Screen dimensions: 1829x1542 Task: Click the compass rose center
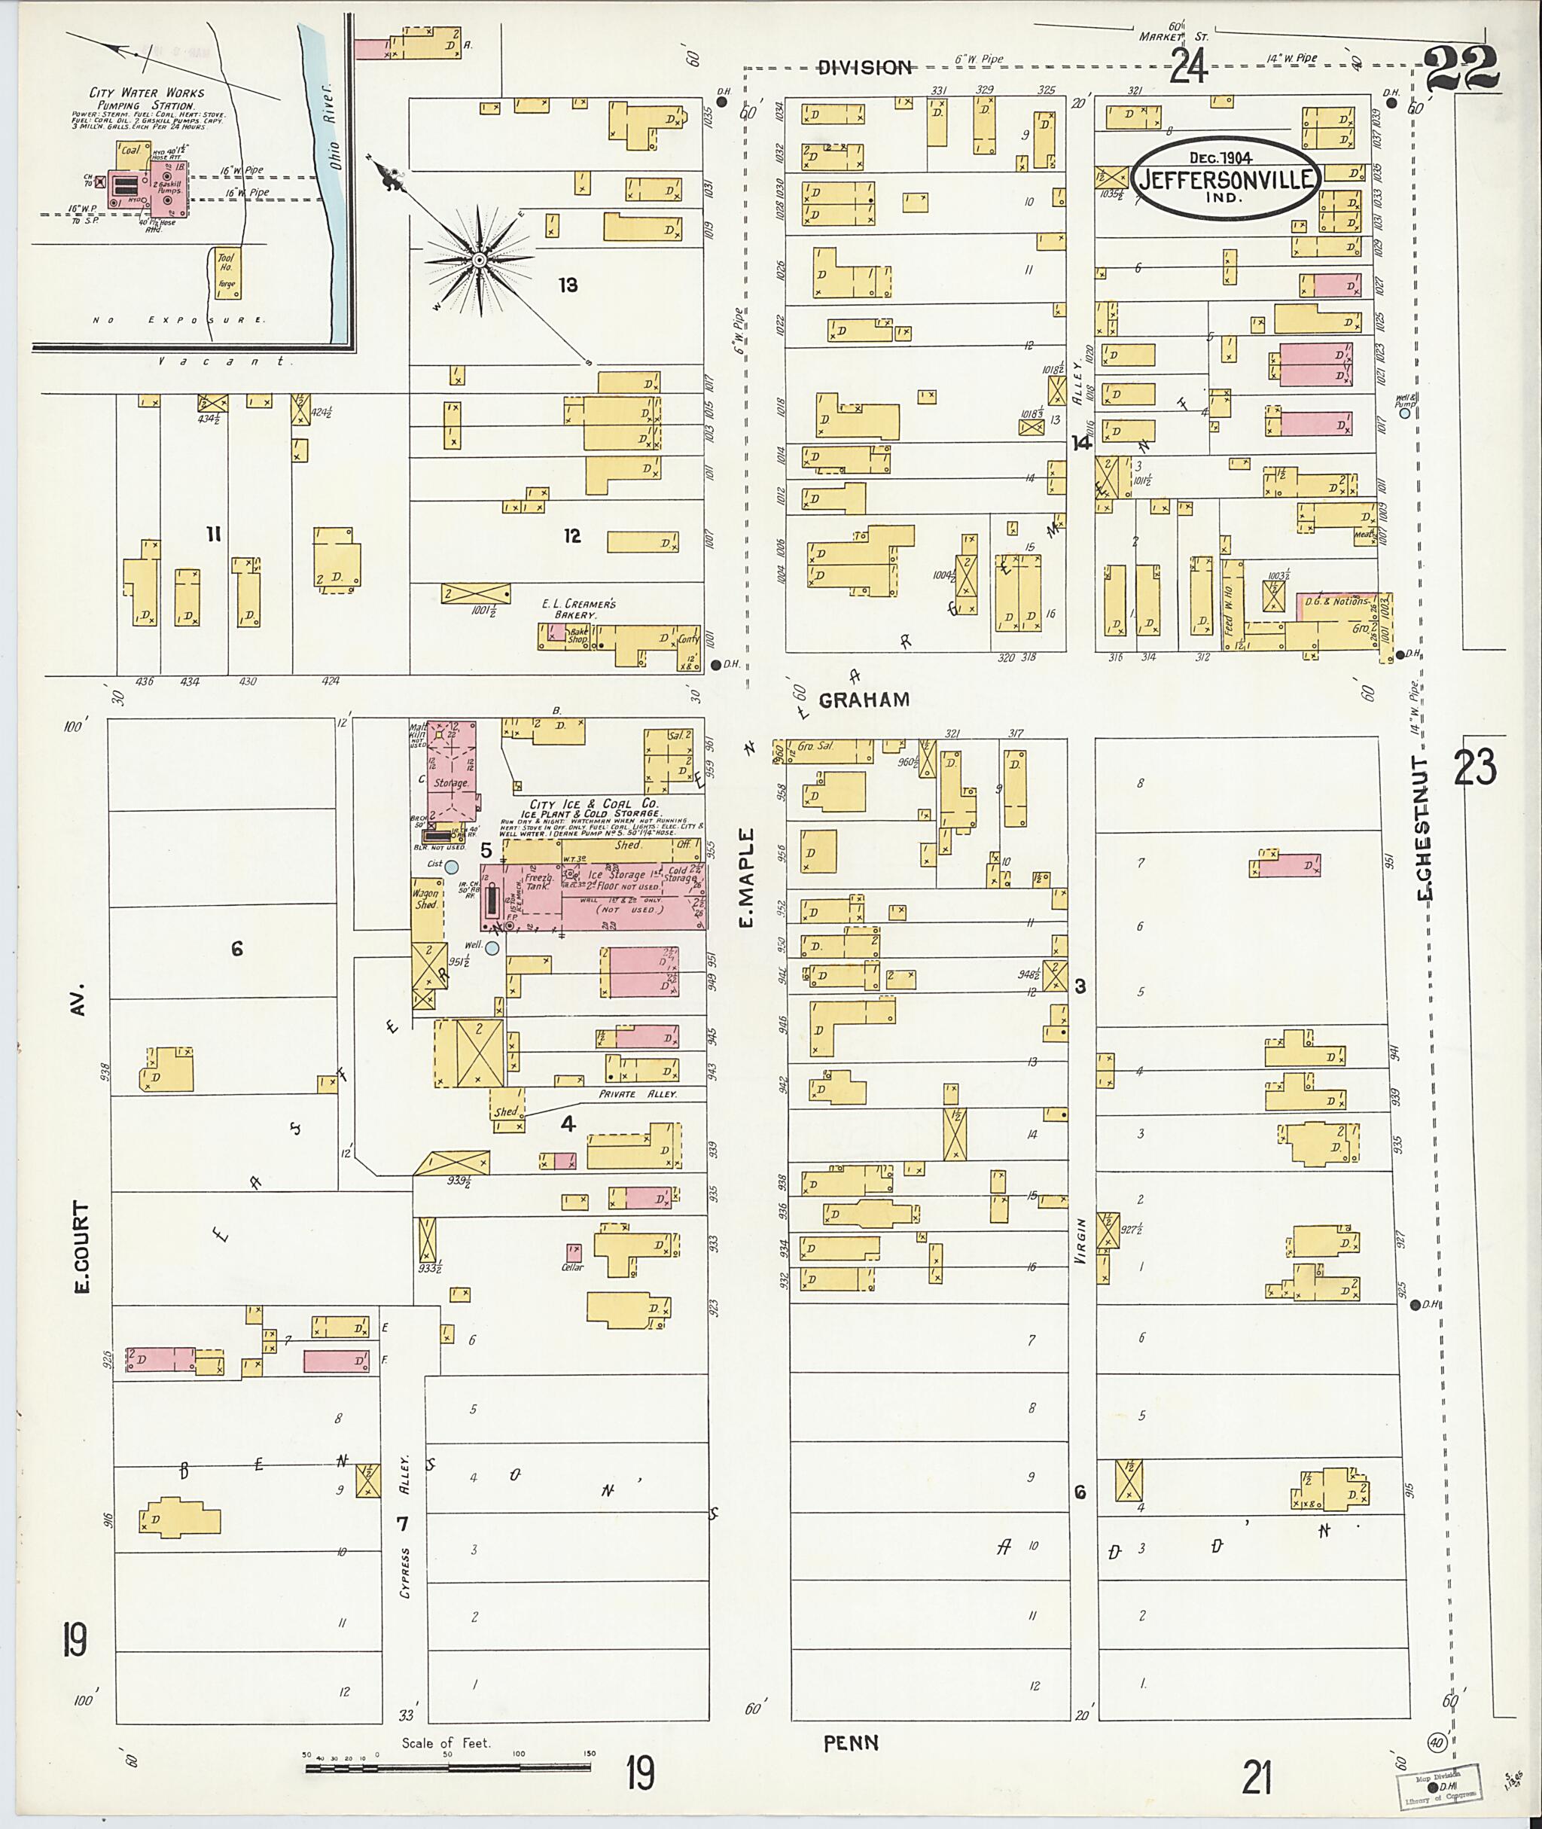pyautogui.click(x=479, y=261)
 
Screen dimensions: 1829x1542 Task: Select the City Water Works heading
pyautogui.click(x=147, y=93)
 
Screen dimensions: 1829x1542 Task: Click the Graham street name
pyautogui.click(x=864, y=700)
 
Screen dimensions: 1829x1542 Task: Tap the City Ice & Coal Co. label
pyautogui.click(x=593, y=803)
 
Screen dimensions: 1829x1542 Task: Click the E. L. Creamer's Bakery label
pyautogui.click(x=579, y=609)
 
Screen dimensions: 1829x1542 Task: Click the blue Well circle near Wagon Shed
pyautogui.click(x=492, y=948)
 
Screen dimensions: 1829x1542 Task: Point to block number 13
pyautogui.click(x=568, y=285)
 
